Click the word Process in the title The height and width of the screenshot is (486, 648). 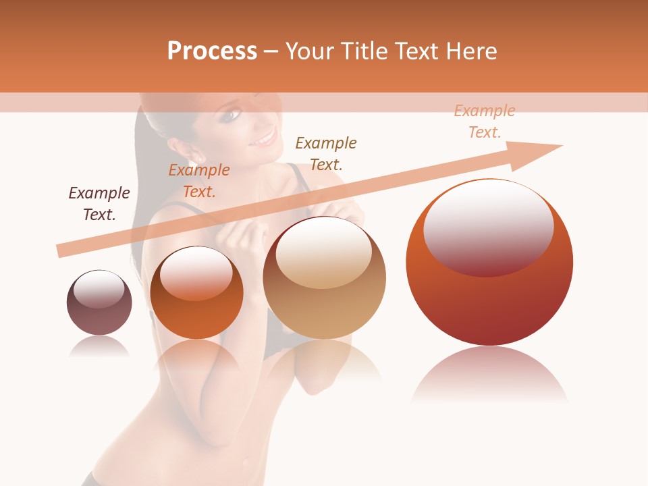(212, 51)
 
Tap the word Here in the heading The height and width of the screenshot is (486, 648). (472, 51)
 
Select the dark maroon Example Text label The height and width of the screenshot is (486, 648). (99, 204)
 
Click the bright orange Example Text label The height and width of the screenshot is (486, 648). (199, 181)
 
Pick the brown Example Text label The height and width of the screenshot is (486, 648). (326, 154)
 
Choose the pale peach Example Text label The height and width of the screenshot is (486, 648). (485, 122)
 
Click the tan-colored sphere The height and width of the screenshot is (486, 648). (325, 278)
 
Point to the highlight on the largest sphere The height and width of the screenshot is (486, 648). (488, 227)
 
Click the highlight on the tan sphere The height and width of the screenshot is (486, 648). (324, 252)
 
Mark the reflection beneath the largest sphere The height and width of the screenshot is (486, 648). (489, 375)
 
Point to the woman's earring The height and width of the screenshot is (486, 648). (200, 159)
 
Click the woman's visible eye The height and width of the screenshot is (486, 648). (233, 115)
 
